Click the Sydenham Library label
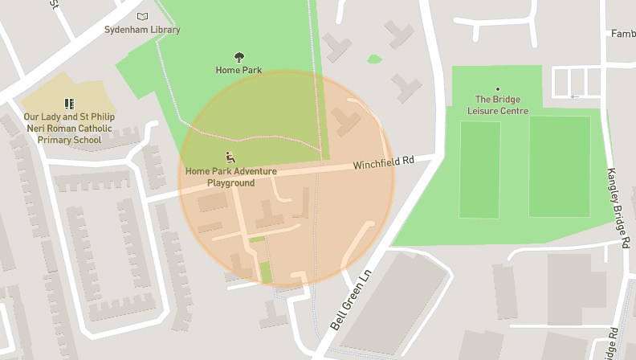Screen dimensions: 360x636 pyautogui.click(x=142, y=30)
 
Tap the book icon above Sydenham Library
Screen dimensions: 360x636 pyautogui.click(x=142, y=16)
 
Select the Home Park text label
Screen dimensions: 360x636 pyautogui.click(x=238, y=70)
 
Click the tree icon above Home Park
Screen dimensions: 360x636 pyautogui.click(x=238, y=56)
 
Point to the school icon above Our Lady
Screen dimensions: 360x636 pyautogui.click(x=69, y=104)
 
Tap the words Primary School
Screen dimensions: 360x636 pyautogui.click(x=69, y=140)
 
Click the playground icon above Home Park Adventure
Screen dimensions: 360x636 pyautogui.click(x=230, y=157)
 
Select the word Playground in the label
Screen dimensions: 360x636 pyautogui.click(x=230, y=183)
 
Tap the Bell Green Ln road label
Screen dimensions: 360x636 pyautogui.click(x=352, y=301)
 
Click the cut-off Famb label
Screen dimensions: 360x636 pyautogui.click(x=622, y=34)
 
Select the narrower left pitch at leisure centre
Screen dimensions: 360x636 pyautogui.click(x=479, y=169)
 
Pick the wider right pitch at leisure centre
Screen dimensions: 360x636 pyautogui.click(x=559, y=166)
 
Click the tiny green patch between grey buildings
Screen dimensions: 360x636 pyautogui.click(x=373, y=59)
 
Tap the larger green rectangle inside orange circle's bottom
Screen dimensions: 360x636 pyautogui.click(x=266, y=272)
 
